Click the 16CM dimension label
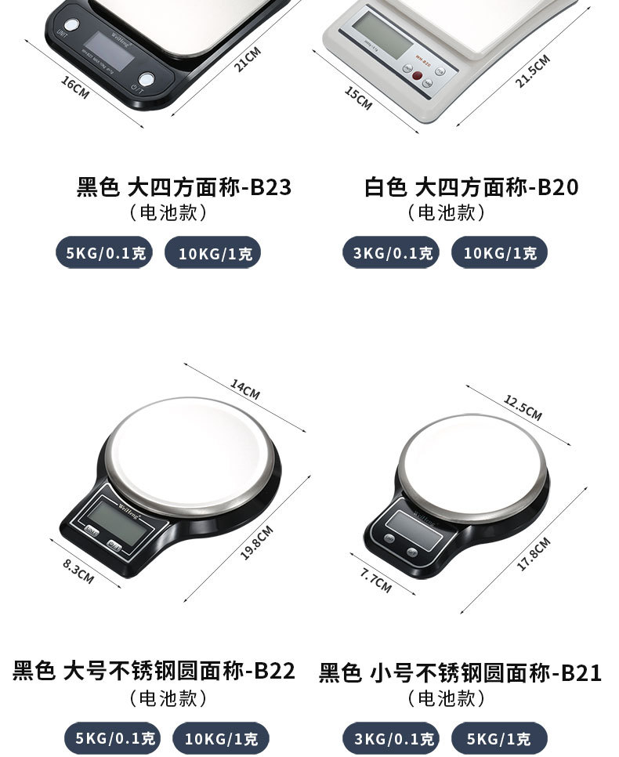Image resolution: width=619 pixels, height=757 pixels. click(75, 87)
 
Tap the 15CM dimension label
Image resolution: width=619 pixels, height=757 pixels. click(358, 98)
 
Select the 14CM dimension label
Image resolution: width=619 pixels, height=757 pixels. click(244, 389)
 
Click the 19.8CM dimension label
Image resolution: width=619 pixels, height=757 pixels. click(256, 542)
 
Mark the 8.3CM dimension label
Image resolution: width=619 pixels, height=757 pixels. click(78, 572)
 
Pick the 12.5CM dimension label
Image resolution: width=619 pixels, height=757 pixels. click(523, 408)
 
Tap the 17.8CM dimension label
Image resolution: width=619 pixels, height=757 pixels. click(534, 554)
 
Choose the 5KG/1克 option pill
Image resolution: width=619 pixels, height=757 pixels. click(499, 738)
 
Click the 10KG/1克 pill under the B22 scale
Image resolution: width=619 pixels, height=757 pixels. click(220, 738)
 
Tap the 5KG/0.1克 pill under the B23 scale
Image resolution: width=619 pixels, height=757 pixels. click(104, 253)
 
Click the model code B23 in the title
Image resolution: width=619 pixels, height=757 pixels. click(270, 188)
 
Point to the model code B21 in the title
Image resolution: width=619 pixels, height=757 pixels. click(581, 673)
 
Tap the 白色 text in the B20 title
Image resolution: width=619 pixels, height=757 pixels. click(386, 188)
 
